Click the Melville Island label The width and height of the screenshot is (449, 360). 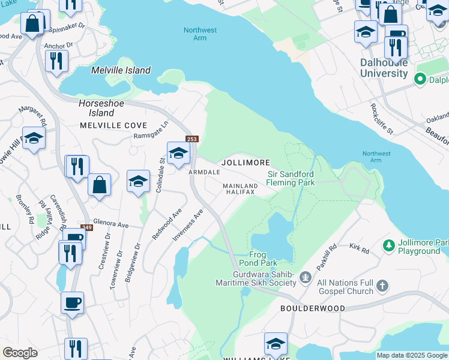tap(121, 70)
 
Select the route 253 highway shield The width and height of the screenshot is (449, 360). tap(191, 139)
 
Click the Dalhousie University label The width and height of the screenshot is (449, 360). tap(384, 68)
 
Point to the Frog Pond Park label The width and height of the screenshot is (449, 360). tap(261, 259)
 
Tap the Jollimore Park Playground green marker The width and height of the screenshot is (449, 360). tap(388, 245)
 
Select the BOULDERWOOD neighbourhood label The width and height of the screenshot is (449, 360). tap(312, 308)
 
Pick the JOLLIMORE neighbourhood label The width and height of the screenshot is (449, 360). tap(246, 163)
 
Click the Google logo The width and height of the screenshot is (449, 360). tap(20, 353)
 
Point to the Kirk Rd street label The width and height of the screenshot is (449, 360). tap(361, 247)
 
